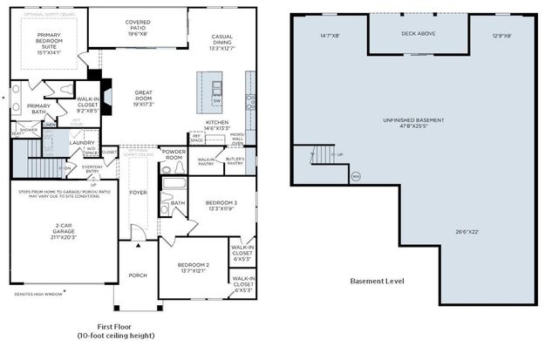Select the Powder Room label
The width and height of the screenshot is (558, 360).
pos(174,153)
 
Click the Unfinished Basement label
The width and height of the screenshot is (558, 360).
pos(413,120)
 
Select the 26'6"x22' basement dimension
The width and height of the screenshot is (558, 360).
pos(466,231)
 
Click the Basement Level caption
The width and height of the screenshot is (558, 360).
pos(377,282)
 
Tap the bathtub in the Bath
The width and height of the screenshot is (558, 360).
pos(174,186)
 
